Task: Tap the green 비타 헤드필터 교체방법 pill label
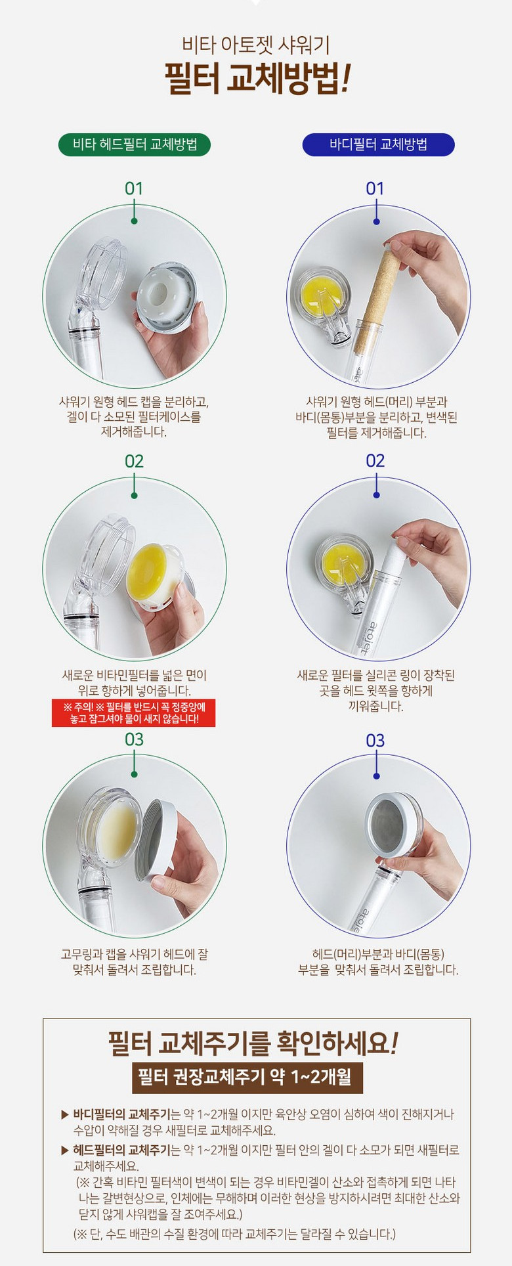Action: [x=135, y=144]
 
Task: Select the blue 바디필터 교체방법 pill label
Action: [x=378, y=144]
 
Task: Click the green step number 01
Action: [x=134, y=188]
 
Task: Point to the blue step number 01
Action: [x=375, y=188]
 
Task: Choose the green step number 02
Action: [x=134, y=461]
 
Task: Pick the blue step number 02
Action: [x=375, y=460]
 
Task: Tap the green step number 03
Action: [x=134, y=739]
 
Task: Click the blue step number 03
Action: [x=375, y=741]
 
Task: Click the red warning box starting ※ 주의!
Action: [x=134, y=713]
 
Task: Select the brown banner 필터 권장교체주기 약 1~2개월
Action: [x=247, y=1077]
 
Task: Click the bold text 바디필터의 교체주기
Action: [x=121, y=1114]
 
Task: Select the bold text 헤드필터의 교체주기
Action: [x=121, y=1150]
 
